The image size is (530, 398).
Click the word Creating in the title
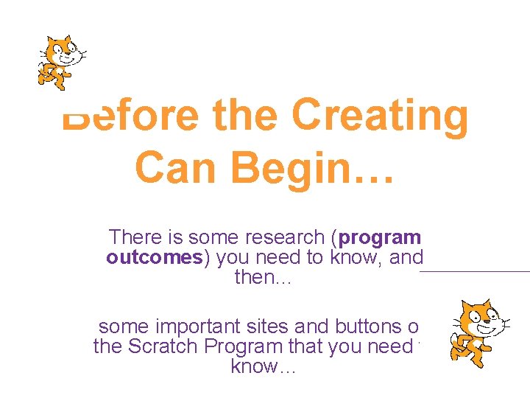click(x=380, y=116)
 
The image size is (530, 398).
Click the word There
click(x=135, y=237)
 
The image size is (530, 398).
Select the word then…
click(x=264, y=278)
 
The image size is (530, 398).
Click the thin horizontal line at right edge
click(x=475, y=271)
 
